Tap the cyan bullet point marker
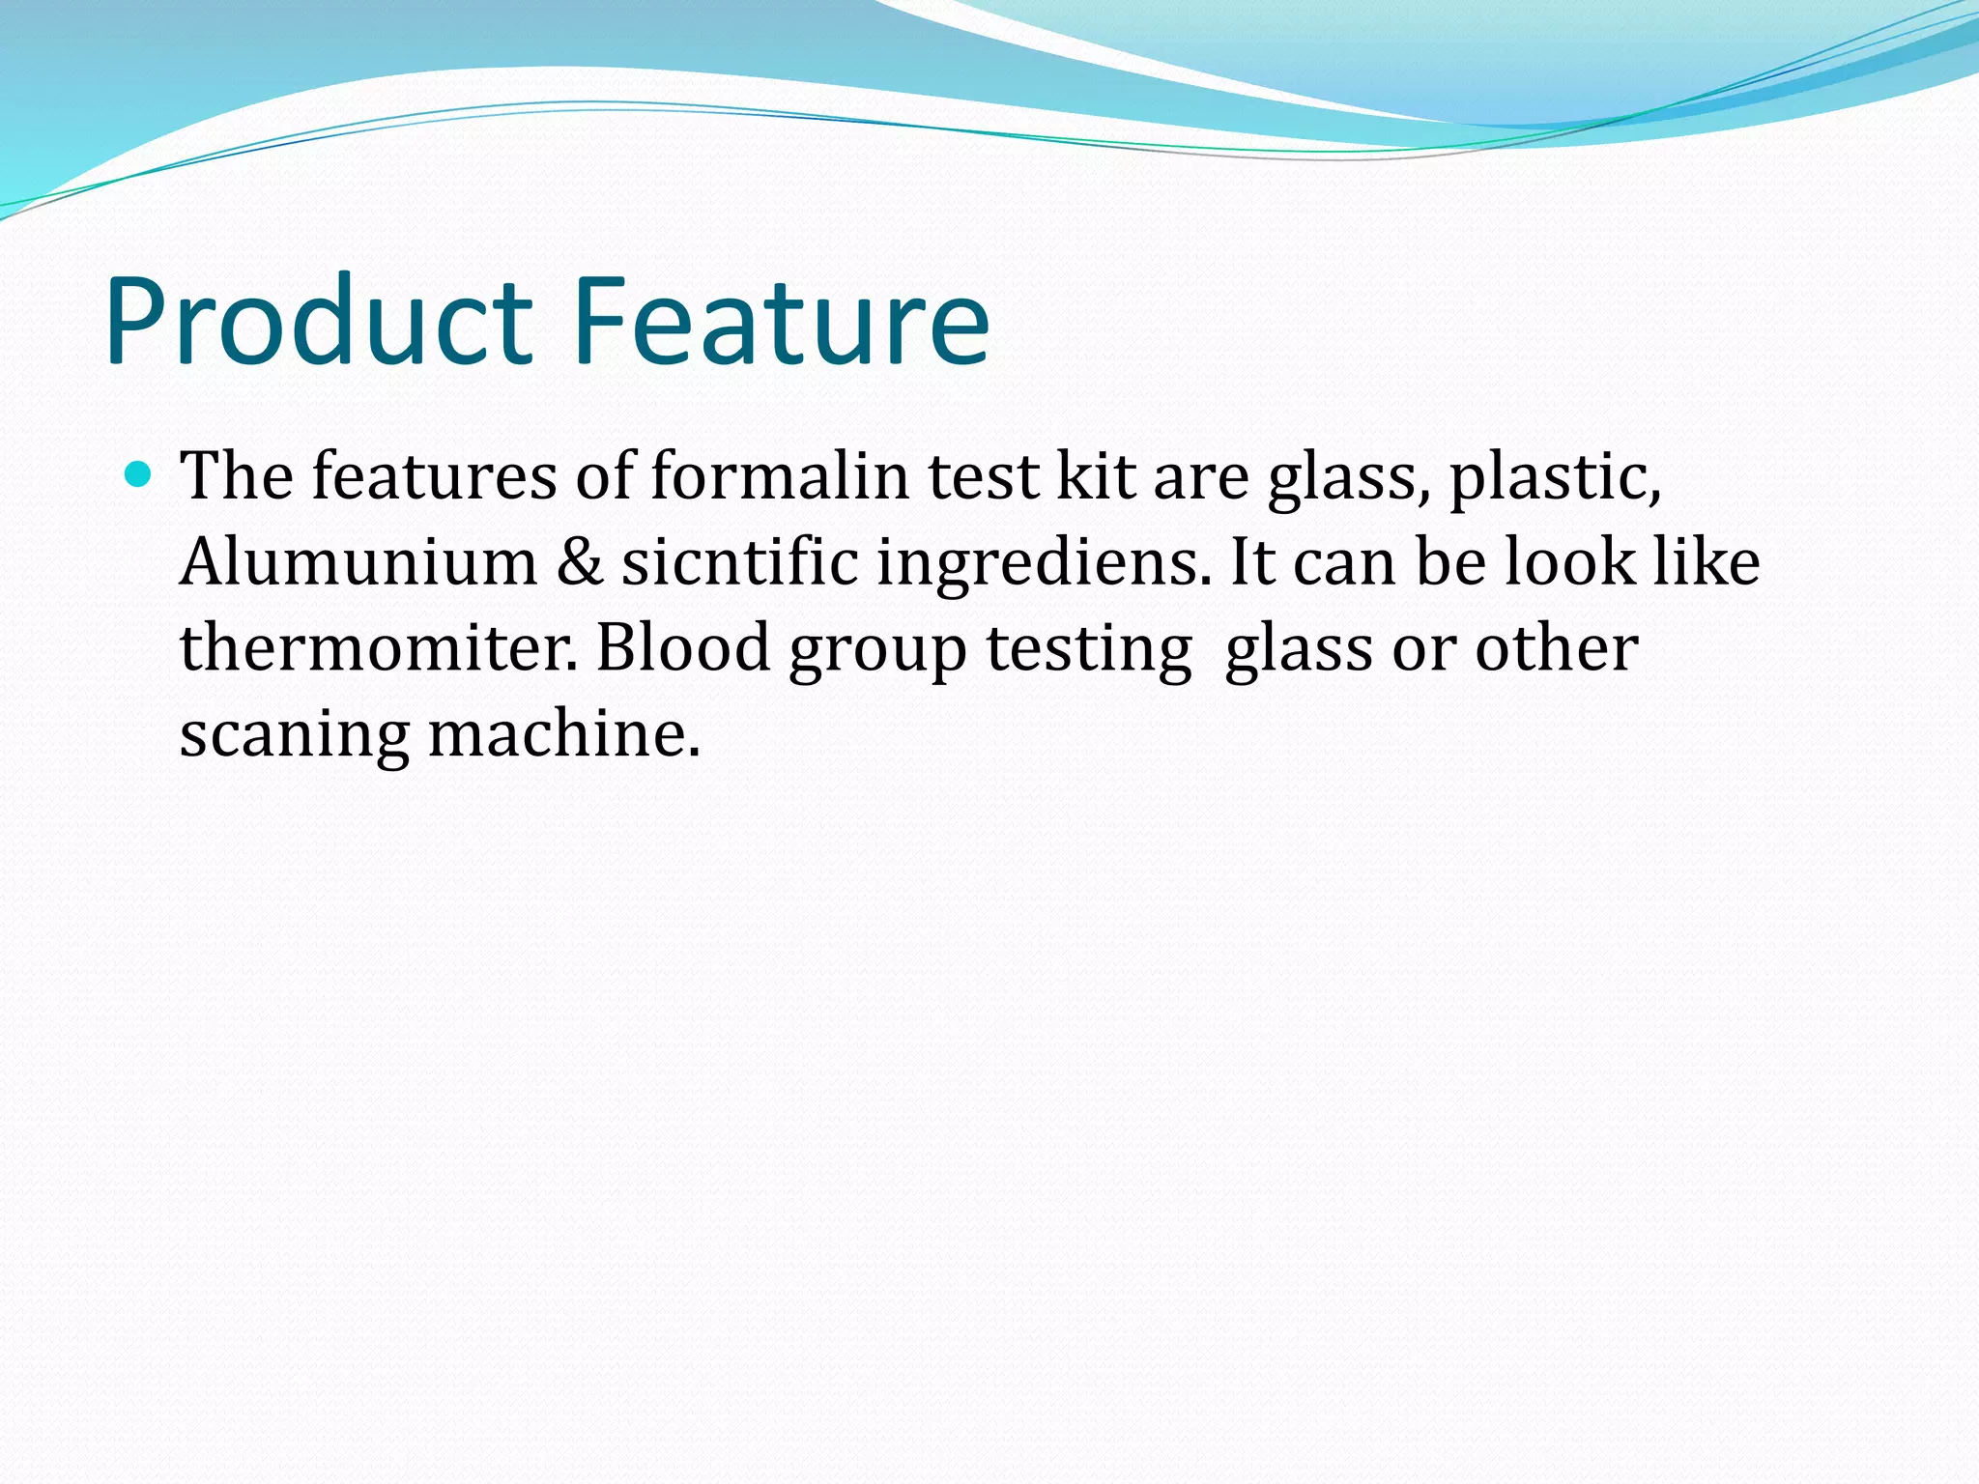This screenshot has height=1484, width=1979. point(139,473)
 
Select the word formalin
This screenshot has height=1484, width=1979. point(780,476)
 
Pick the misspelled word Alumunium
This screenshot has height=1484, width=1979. point(359,562)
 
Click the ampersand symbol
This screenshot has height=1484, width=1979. point(579,562)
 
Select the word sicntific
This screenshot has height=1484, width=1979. point(739,562)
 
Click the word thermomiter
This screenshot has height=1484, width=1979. point(378,648)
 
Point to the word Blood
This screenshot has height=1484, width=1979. point(682,648)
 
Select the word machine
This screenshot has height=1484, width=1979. point(562,734)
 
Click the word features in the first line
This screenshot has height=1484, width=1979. point(434,476)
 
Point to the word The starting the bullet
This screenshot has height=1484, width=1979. point(237,476)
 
